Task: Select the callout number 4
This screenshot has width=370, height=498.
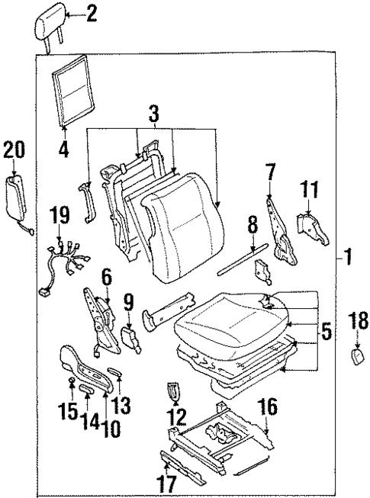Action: [x=64, y=150]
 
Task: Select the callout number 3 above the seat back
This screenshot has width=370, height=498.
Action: [x=153, y=115]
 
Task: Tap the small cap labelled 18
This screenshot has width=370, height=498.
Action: [x=356, y=357]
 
